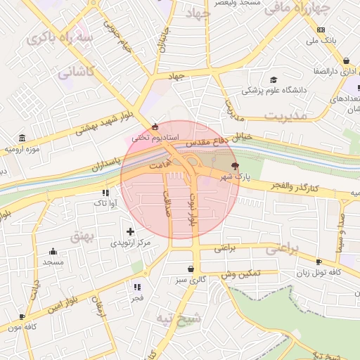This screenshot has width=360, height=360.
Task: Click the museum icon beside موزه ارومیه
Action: coord(23,137)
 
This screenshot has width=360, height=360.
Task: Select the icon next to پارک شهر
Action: coord(235,165)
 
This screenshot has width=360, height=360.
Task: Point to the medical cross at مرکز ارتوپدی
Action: coord(130,231)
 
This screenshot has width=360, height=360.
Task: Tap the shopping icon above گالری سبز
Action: coord(191,269)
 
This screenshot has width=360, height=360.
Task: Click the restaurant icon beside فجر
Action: coord(137,286)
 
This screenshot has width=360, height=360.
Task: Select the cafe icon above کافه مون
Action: coord(22,317)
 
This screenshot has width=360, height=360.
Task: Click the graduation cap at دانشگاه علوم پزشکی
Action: coord(273,79)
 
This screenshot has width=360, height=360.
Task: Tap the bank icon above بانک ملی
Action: coord(321,30)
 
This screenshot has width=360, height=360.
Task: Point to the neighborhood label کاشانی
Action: coord(75,71)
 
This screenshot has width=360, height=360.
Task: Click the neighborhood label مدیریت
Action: coord(286,115)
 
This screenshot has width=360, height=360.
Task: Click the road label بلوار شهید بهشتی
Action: coord(103,123)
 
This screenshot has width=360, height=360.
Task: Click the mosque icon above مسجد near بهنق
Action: coord(53,251)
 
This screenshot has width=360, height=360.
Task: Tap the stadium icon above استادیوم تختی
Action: coord(155,127)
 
